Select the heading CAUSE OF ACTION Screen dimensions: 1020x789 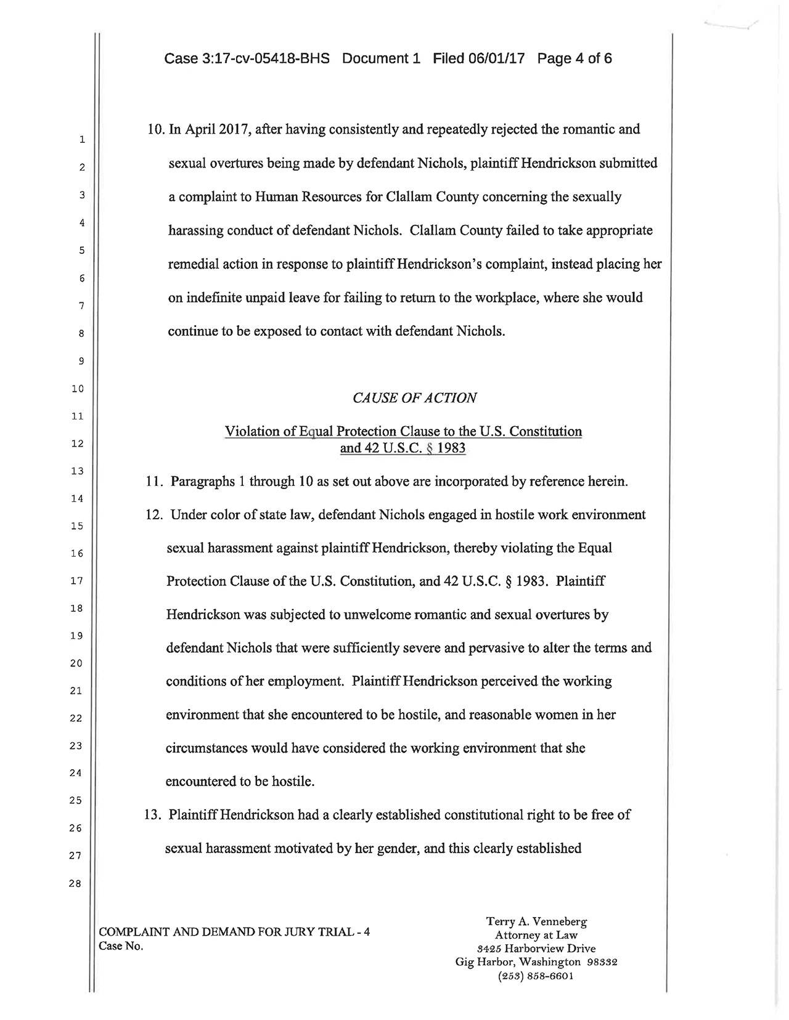(x=414, y=398)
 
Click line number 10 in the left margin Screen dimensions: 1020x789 (x=77, y=389)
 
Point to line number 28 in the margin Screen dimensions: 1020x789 (x=75, y=883)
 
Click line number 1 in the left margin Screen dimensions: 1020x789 (x=81, y=140)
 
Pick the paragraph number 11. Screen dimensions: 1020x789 (x=153, y=481)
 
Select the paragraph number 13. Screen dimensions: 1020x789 (x=152, y=815)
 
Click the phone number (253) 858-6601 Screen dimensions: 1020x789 (x=536, y=976)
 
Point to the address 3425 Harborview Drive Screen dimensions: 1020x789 (x=536, y=949)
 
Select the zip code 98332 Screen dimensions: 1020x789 (x=602, y=962)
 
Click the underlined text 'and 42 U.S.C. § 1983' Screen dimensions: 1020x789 (x=403, y=448)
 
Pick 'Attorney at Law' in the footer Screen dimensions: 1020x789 (x=536, y=935)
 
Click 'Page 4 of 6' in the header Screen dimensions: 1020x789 (x=574, y=59)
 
